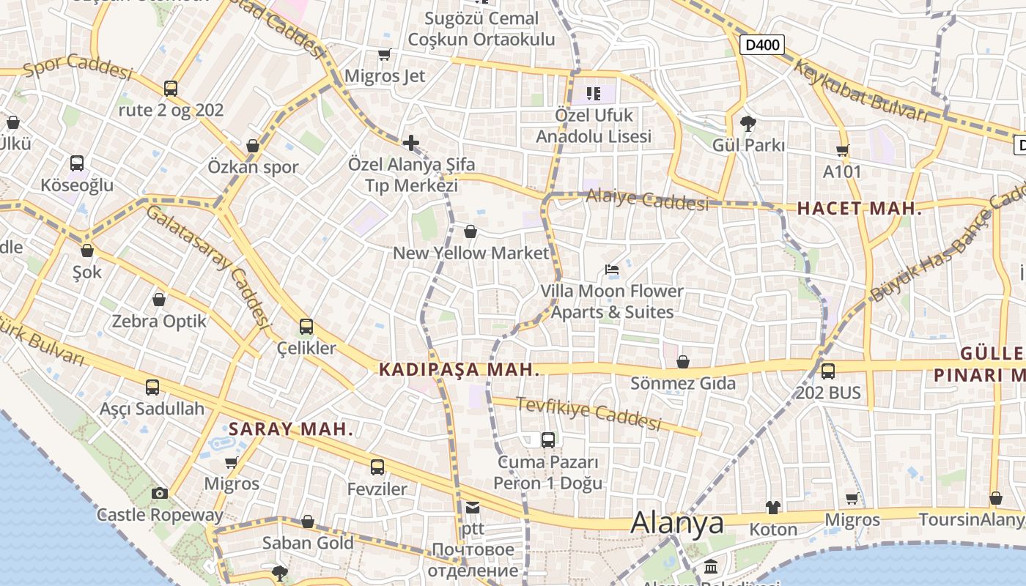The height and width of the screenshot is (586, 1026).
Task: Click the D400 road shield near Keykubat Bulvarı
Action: click(761, 45)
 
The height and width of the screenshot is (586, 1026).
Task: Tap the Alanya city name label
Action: click(677, 523)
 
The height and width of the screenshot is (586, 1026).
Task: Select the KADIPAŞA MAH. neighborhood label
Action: click(460, 370)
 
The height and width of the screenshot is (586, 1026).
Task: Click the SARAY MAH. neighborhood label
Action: click(291, 429)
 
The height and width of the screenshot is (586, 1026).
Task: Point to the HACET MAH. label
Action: click(859, 209)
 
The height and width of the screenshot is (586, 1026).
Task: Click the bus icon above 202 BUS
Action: click(827, 371)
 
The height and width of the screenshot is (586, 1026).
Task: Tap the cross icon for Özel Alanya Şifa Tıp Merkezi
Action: click(410, 142)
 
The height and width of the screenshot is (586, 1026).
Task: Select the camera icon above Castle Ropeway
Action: click(160, 493)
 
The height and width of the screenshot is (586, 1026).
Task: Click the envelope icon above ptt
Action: click(472, 507)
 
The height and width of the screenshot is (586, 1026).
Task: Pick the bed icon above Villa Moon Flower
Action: click(612, 270)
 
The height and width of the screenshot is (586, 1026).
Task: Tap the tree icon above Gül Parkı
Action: click(748, 123)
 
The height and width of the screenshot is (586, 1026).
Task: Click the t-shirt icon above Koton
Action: click(773, 507)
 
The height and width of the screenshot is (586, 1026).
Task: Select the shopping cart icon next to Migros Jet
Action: click(384, 54)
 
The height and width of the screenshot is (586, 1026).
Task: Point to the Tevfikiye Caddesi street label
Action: click(588, 414)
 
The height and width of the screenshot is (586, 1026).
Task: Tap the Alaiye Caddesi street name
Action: click(647, 200)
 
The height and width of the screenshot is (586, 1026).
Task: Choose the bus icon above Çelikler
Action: click(306, 327)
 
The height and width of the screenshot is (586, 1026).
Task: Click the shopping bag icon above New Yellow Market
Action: click(470, 231)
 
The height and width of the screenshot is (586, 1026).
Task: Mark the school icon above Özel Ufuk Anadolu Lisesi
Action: click(593, 93)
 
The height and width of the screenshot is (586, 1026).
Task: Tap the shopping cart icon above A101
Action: click(842, 151)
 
